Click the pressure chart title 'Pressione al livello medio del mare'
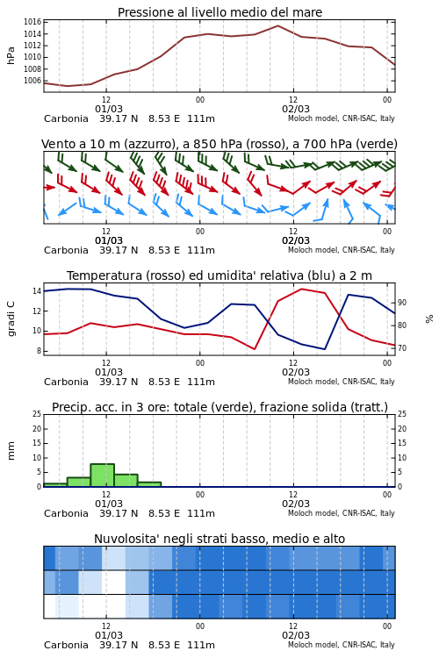[219, 12]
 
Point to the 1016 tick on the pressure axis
[32, 22]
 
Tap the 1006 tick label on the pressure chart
[32, 81]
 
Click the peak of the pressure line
[277, 25]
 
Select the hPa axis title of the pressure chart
[11, 55]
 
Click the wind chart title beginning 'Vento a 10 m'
[219, 144]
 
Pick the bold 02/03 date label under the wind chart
[296, 240]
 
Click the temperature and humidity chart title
[219, 275]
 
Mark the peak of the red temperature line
[301, 289]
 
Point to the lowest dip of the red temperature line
[255, 348]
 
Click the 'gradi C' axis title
[11, 318]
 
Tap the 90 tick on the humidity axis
[403, 303]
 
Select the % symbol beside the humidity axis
[429, 319]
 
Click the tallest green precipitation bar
[103, 475]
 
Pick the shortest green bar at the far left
[55, 484]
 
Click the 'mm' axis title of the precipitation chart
[11, 450]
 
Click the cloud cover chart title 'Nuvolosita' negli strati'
[219, 539]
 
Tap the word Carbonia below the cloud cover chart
[66, 645]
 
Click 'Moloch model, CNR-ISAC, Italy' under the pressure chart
[342, 118]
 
